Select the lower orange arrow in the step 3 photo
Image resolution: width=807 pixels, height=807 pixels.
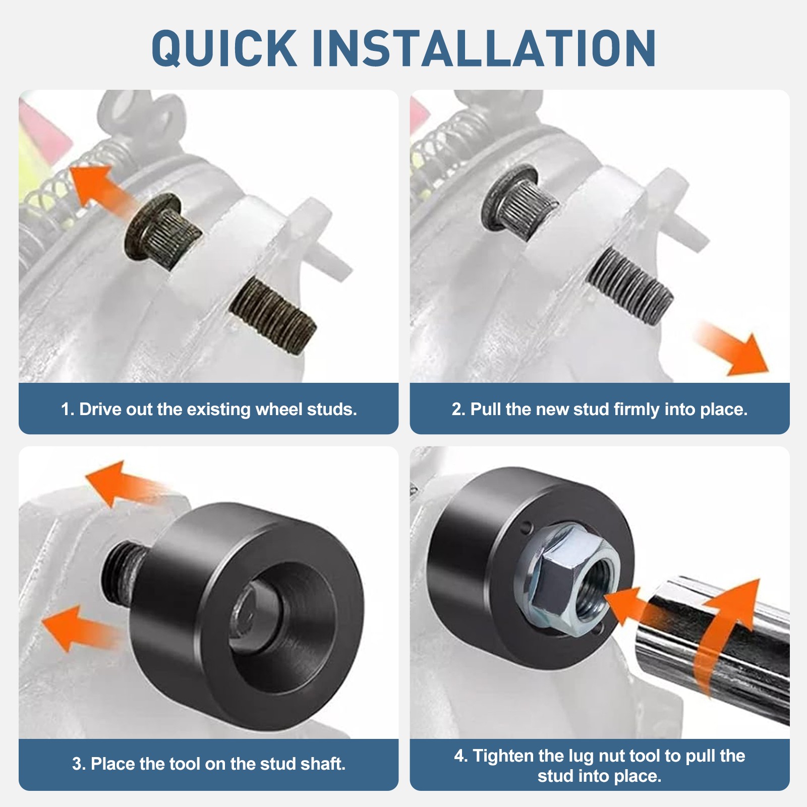[x=76, y=628]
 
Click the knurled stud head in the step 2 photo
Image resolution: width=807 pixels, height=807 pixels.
[x=520, y=197]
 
